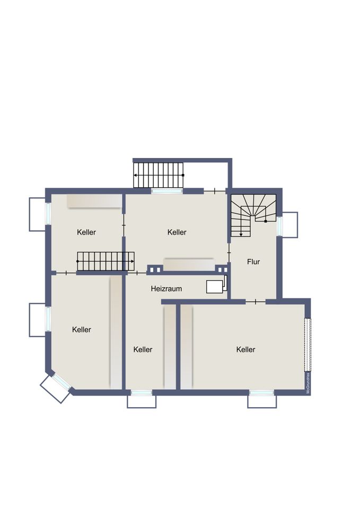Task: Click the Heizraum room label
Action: [x=166, y=288]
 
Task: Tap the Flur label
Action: [x=253, y=261]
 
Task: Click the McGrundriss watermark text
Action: [x=308, y=383]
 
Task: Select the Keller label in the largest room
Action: [x=245, y=349]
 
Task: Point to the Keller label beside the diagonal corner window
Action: [x=82, y=329]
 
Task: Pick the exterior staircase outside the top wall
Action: [x=159, y=175]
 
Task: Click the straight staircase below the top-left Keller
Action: [x=106, y=261]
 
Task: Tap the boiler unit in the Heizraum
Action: [x=216, y=286]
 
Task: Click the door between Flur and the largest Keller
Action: [x=256, y=302]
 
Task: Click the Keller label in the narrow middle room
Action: [x=143, y=349]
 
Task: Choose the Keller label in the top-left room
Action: [x=86, y=232]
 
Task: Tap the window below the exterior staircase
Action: [x=167, y=191]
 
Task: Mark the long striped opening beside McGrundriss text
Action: [x=307, y=345]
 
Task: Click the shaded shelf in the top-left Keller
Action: [x=94, y=201]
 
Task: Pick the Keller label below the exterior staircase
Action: [x=177, y=232]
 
